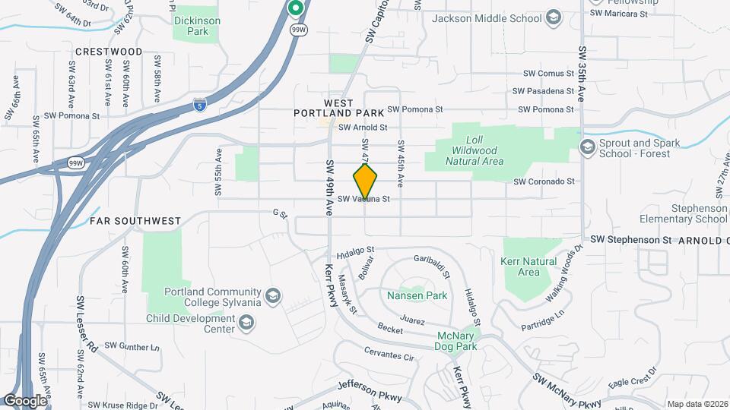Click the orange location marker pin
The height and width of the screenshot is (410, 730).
tap(366, 181)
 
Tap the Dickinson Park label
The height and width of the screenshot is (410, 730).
tap(196, 27)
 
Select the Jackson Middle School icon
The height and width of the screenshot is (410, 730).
tap(554, 18)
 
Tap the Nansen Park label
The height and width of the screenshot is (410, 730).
tap(417, 295)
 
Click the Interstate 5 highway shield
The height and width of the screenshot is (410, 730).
tap(200, 105)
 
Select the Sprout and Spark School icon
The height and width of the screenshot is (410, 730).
tap(587, 146)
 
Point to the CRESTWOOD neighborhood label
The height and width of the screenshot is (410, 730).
tap(109, 52)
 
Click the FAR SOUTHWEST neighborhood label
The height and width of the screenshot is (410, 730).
tap(135, 221)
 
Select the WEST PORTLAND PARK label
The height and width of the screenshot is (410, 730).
tap(328, 107)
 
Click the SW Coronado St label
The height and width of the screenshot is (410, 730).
tap(544, 181)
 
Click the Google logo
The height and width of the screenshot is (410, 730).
tap(25, 401)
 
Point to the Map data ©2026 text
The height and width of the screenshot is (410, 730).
tap(697, 404)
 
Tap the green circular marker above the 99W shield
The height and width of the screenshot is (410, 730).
tap(296, 8)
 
